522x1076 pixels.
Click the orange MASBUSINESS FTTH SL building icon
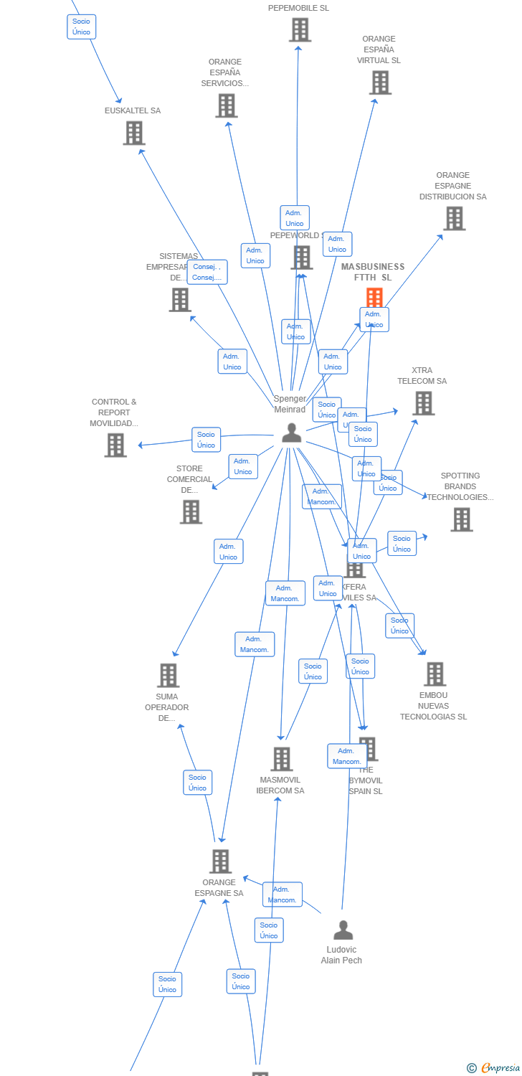click(374, 297)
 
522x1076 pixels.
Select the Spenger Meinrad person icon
click(291, 433)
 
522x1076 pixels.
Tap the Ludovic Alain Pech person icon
click(343, 930)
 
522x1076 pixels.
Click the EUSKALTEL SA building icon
click(134, 133)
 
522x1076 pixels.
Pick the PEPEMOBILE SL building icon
click(300, 30)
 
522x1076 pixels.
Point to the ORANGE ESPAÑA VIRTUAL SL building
click(380, 82)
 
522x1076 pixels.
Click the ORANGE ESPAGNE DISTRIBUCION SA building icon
click(454, 218)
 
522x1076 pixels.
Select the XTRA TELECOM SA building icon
click(424, 403)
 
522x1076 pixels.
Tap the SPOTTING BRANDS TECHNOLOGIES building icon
click(462, 519)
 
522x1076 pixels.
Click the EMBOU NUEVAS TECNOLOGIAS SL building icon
click(435, 674)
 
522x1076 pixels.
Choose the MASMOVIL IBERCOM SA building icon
click(281, 759)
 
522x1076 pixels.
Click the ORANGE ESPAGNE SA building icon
click(220, 861)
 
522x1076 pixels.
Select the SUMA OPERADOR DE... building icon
click(168, 675)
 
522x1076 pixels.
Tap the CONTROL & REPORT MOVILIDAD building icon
click(115, 445)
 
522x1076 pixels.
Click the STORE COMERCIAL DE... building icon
click(191, 511)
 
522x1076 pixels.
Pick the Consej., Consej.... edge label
click(207, 272)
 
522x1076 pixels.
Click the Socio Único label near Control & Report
click(206, 440)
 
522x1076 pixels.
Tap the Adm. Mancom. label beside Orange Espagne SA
click(282, 895)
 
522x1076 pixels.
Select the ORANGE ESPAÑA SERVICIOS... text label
click(225, 72)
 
